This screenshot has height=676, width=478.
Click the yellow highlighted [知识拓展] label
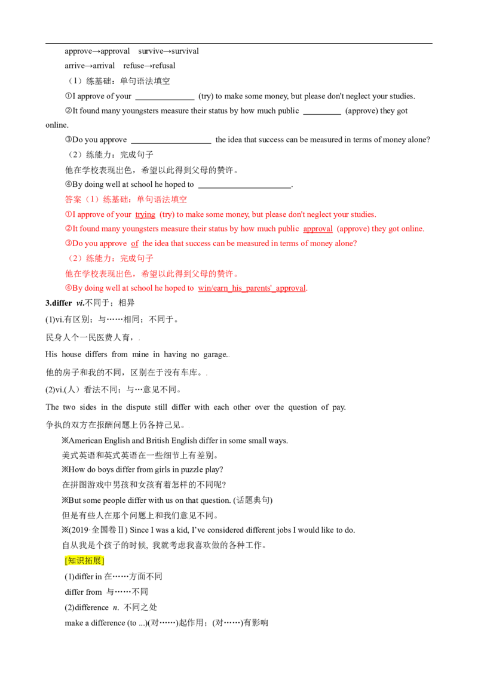(85, 561)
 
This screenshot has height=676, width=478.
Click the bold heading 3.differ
(59, 303)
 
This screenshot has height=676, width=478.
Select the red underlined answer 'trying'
(145, 214)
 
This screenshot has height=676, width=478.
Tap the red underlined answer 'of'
(134, 243)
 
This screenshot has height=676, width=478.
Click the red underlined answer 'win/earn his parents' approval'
(252, 288)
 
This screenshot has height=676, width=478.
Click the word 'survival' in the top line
(185, 51)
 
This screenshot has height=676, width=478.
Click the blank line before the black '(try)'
(165, 99)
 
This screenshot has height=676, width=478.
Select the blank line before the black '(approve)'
(322, 114)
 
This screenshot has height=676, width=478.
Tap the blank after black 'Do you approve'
(171, 143)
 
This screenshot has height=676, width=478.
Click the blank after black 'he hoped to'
(244, 188)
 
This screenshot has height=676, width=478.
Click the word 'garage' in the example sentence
(215, 354)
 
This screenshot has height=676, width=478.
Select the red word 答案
(73, 199)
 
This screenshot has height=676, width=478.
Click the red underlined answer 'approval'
(317, 229)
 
